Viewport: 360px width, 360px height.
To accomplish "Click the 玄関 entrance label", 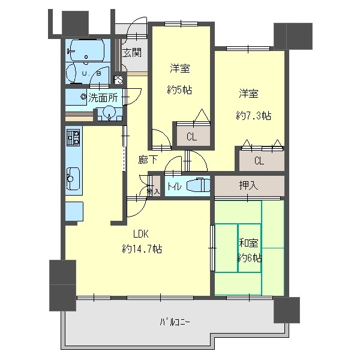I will [132, 52].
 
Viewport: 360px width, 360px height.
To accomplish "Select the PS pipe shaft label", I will [118, 79].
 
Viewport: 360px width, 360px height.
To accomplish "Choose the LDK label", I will [140, 234].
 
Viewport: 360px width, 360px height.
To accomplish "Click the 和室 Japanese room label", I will [249, 243].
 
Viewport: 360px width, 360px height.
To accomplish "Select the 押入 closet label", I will [248, 185].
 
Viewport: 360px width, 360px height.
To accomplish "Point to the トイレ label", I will [175, 186].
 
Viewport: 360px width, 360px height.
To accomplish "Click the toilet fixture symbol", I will [197, 186].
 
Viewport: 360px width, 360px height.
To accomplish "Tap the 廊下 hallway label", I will [147, 160].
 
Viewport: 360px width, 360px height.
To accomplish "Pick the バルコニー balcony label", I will [175, 322].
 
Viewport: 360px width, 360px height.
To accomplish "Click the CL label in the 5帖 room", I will [191, 137].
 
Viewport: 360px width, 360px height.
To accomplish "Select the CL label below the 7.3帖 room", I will [259, 160].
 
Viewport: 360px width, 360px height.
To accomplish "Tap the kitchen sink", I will [73, 178].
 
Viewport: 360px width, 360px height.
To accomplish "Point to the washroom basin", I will [109, 112].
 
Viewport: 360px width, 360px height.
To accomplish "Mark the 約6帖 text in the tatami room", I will [249, 258].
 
